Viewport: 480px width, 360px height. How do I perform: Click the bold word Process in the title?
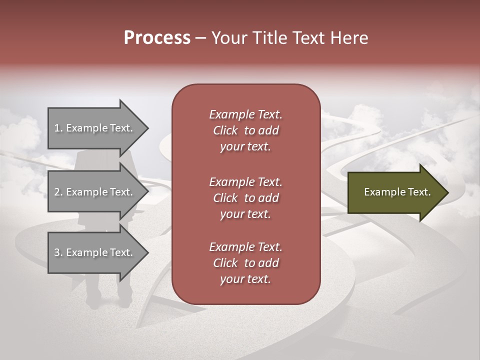coord(157,38)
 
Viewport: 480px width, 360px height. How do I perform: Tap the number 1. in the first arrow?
coord(58,128)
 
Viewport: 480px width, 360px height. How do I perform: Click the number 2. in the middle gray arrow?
coord(58,192)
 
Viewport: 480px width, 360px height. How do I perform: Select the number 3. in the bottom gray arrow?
coord(58,252)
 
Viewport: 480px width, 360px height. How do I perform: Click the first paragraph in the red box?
coord(245,130)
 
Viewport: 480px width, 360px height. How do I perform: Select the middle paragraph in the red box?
coord(245,197)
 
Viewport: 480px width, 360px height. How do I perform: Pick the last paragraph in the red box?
coord(245,263)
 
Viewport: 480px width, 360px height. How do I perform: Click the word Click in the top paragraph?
coord(225,131)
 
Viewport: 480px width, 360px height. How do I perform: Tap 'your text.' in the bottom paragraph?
coord(245,279)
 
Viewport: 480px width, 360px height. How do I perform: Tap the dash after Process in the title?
coord(201,38)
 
